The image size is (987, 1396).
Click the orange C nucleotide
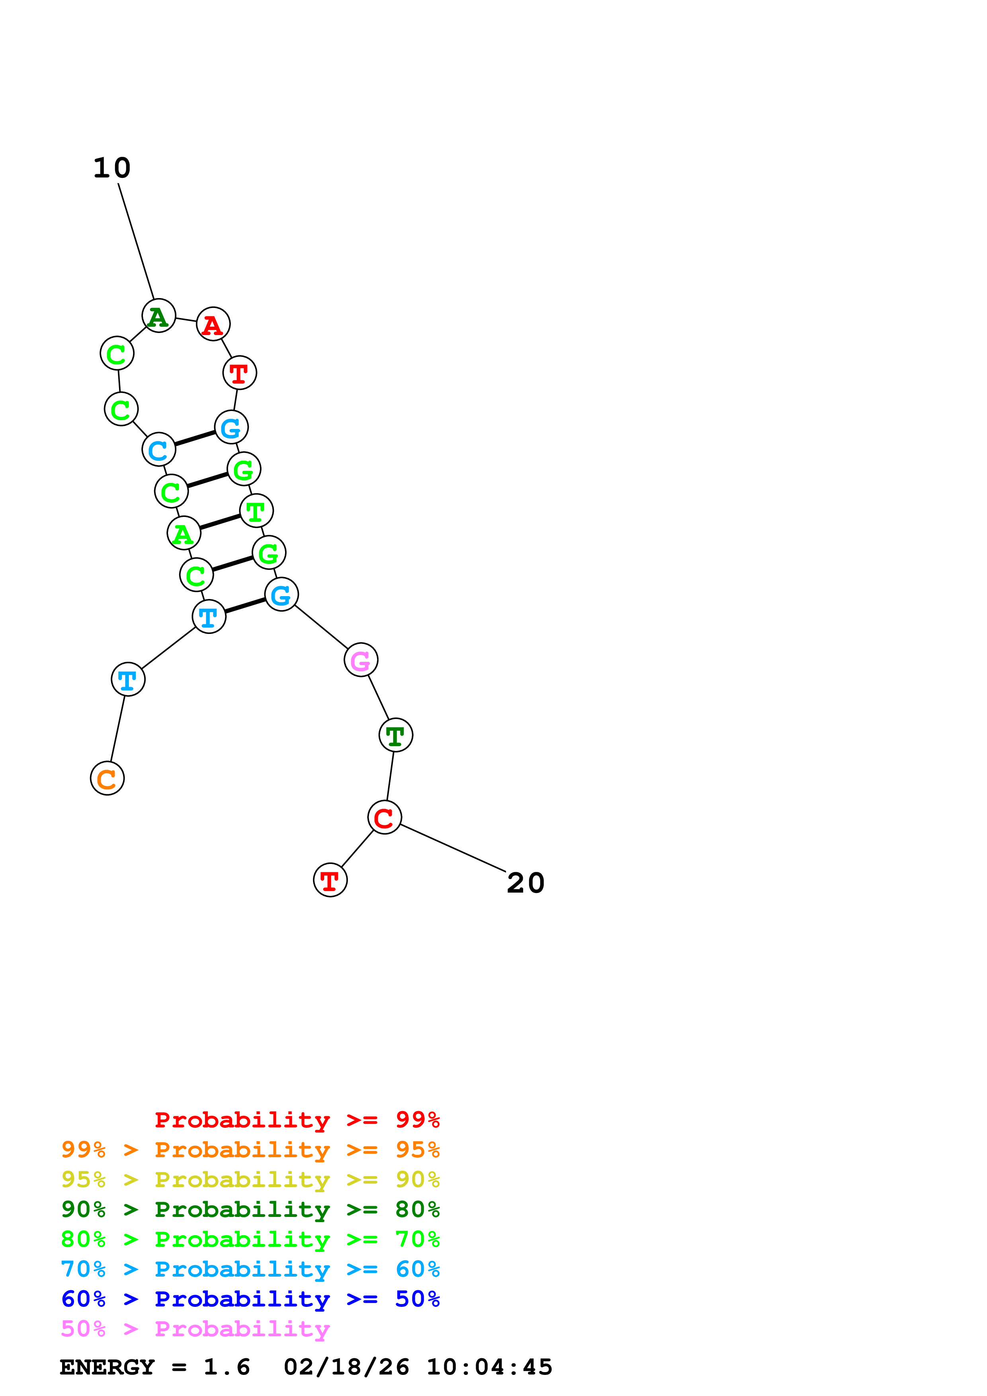click(x=107, y=778)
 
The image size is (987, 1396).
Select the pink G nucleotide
click(x=361, y=660)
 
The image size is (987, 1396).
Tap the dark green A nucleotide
click(x=159, y=316)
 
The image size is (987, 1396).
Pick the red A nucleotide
click(x=213, y=324)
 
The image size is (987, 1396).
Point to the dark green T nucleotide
click(x=395, y=735)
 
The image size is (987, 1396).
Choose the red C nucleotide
click(x=384, y=817)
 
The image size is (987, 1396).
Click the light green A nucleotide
click(x=184, y=533)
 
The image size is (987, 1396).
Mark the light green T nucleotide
click(x=256, y=511)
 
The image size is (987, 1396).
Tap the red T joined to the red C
click(x=330, y=880)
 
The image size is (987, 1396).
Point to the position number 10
click(x=112, y=168)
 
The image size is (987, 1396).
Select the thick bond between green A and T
click(x=219, y=522)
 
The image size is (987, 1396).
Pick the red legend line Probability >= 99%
click(x=297, y=1120)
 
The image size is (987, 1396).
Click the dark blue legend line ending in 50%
click(x=250, y=1299)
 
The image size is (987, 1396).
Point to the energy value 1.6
click(x=226, y=1367)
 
